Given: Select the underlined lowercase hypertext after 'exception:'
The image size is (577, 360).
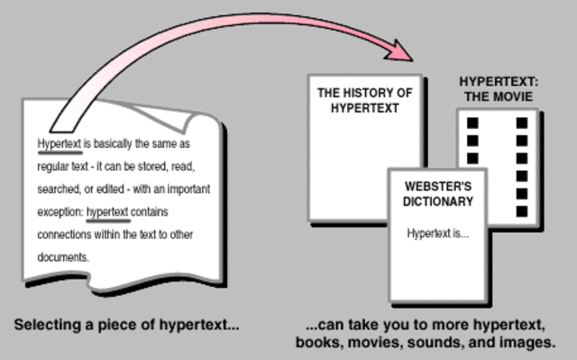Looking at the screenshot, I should point(107,212).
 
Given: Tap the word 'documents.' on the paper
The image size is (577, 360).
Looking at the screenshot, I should point(62,256).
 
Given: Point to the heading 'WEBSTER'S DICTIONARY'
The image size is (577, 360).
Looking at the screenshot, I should point(438,195).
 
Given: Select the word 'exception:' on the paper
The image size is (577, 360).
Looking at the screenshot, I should point(60,212).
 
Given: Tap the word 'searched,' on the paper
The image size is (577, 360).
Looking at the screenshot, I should point(60,189).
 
